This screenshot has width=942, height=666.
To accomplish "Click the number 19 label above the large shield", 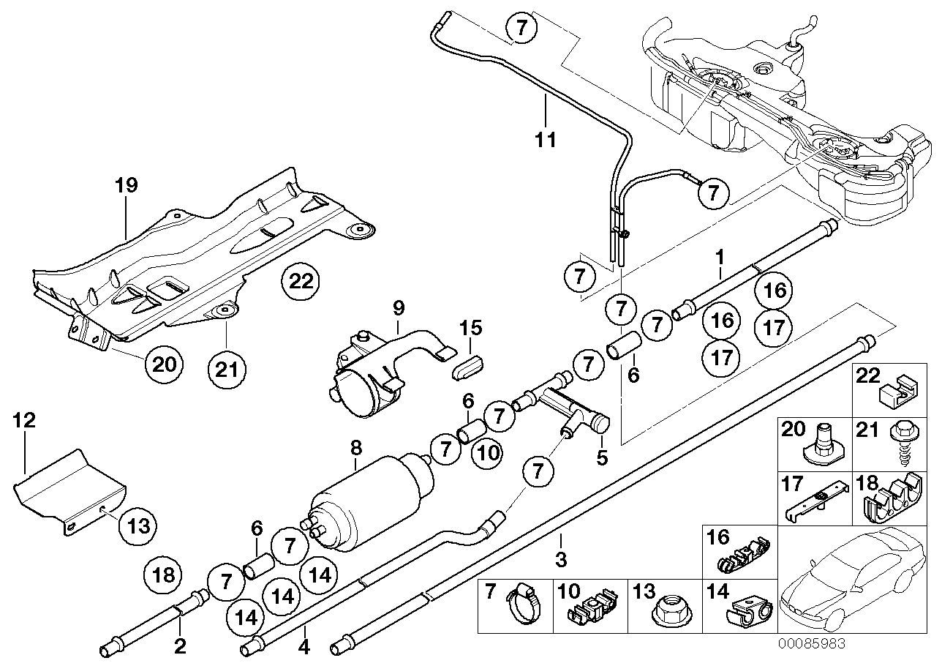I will [127, 185].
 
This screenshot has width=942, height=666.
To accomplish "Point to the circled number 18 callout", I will [164, 575].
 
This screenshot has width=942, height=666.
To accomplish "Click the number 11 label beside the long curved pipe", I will [546, 138].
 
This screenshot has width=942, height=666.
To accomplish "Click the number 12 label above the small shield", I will [24, 420].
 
